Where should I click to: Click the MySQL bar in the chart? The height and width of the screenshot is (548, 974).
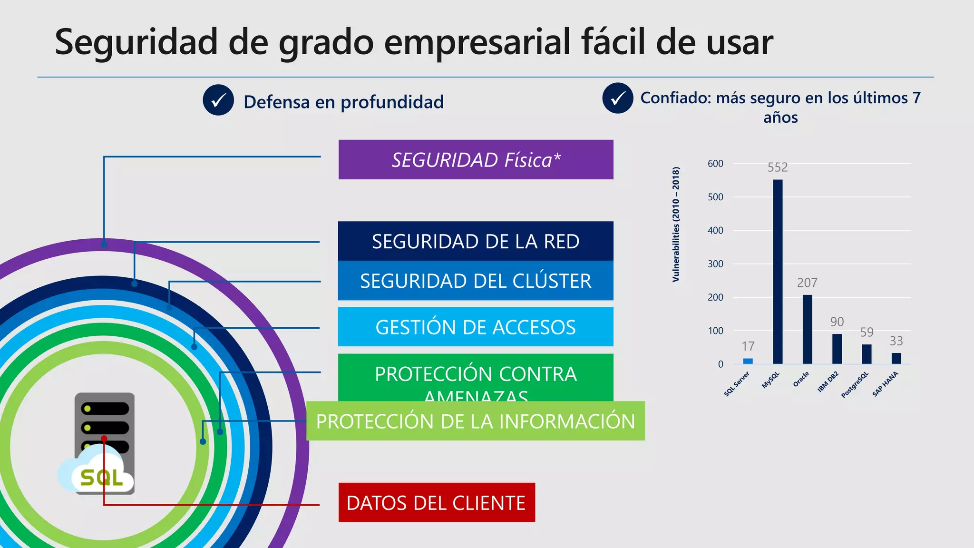pos(778,272)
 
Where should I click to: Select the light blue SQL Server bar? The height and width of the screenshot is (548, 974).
pos(748,361)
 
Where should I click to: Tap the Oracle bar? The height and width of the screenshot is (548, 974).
pos(807,329)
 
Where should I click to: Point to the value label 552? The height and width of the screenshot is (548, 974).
pos(778,167)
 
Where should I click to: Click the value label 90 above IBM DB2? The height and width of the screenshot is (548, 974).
pos(837,322)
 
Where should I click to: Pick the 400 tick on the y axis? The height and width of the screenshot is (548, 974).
pos(715,231)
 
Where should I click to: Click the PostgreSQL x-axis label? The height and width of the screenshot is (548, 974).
pos(855,385)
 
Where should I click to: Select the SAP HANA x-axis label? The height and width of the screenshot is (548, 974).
pos(885,384)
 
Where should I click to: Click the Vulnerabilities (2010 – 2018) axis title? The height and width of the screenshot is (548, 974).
pos(676,225)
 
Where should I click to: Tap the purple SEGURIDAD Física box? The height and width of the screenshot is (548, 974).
pos(476,160)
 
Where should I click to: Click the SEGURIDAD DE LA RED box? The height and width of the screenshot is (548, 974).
pos(476,241)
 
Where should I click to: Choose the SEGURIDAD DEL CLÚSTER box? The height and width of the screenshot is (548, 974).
pos(476,281)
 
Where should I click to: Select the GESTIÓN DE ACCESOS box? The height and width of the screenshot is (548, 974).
pos(476,327)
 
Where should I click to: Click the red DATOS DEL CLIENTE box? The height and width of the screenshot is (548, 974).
pos(437,503)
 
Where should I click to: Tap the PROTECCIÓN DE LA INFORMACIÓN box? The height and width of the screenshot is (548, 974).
pos(476,421)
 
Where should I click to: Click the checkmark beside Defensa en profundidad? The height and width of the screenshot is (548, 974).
pos(218,100)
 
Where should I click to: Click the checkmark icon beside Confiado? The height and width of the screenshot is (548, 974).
pos(617,98)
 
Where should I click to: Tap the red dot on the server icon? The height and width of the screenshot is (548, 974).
pos(104,438)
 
